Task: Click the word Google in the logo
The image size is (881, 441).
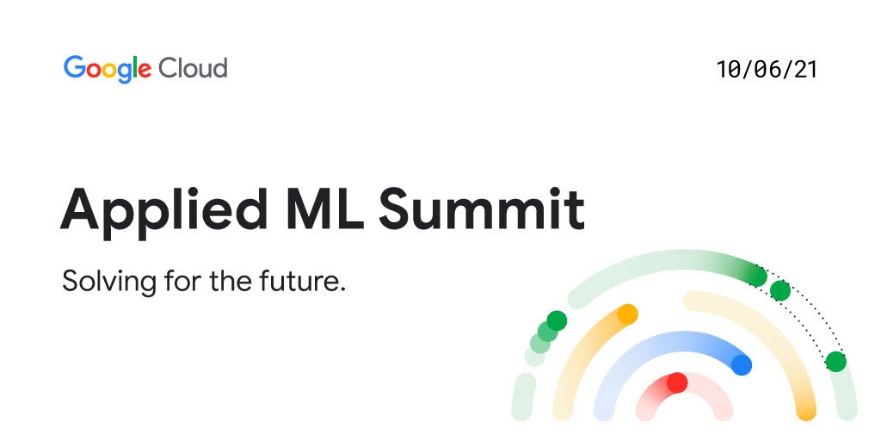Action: coord(108,68)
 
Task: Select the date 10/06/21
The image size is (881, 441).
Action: coord(767,70)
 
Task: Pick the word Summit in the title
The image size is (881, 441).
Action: coord(482,207)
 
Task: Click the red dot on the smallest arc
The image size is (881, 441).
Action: coord(677,382)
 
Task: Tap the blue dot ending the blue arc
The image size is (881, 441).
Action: coord(742,365)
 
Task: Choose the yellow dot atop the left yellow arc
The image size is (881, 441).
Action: coord(627,314)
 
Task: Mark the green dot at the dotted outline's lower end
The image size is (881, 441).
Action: coord(835,362)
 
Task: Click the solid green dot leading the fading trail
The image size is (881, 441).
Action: coord(557,321)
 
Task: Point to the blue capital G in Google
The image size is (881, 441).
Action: coord(74,67)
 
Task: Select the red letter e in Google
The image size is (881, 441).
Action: coord(145,70)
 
